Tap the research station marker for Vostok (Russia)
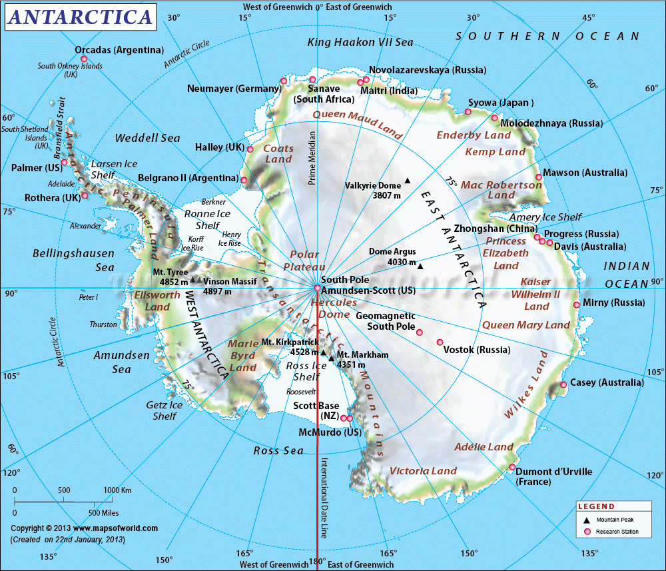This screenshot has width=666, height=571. (440, 342)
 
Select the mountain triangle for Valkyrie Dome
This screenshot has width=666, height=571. (407, 180)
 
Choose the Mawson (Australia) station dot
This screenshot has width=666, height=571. (538, 177)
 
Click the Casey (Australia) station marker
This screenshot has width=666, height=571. (563, 384)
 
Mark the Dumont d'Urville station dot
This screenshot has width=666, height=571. (511, 467)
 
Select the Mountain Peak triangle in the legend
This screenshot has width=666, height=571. (587, 519)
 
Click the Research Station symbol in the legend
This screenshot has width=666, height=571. (587, 532)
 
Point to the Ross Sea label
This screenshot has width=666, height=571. (278, 451)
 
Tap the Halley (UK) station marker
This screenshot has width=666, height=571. (250, 149)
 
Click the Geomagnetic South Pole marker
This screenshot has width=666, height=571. (420, 332)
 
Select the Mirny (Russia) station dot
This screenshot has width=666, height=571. (576, 305)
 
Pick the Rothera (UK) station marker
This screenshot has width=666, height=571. (85, 196)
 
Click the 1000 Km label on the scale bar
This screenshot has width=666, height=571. (117, 490)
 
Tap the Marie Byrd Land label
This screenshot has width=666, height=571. (242, 355)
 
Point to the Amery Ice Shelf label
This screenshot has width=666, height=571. (545, 217)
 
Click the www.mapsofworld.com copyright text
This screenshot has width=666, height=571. (84, 528)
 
